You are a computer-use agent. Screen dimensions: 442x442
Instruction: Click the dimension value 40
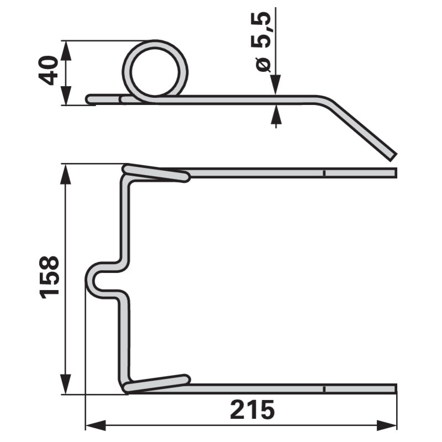(48, 71)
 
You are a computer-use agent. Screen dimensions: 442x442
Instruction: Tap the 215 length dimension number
(252, 409)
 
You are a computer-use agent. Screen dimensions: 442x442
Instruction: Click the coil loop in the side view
(155, 71)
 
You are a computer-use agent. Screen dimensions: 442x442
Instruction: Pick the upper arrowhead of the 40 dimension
(66, 51)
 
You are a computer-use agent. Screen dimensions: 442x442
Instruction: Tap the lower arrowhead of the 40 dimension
(66, 95)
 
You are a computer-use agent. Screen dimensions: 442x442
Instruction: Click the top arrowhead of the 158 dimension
(66, 174)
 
